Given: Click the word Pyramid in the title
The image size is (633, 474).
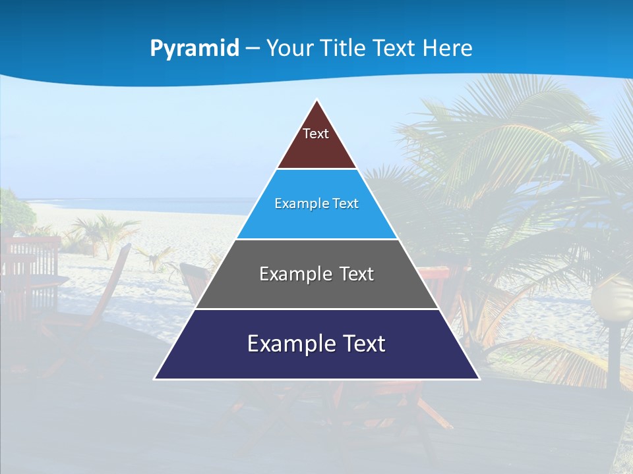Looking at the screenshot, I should (x=194, y=49).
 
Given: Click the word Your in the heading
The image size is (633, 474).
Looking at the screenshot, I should (x=289, y=49).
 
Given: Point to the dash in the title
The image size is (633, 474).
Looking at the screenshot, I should (x=253, y=49).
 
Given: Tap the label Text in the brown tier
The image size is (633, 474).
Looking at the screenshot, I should (x=316, y=134).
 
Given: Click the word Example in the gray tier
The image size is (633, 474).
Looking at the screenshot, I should (x=289, y=274).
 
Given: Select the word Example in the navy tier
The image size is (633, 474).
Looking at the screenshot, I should (x=284, y=344).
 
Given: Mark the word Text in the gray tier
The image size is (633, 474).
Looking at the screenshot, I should (x=357, y=274).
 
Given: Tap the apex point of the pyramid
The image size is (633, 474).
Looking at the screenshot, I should (x=317, y=101).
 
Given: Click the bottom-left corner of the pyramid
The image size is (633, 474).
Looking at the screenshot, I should (x=155, y=379).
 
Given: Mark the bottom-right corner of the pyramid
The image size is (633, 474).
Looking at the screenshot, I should (x=479, y=379).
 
